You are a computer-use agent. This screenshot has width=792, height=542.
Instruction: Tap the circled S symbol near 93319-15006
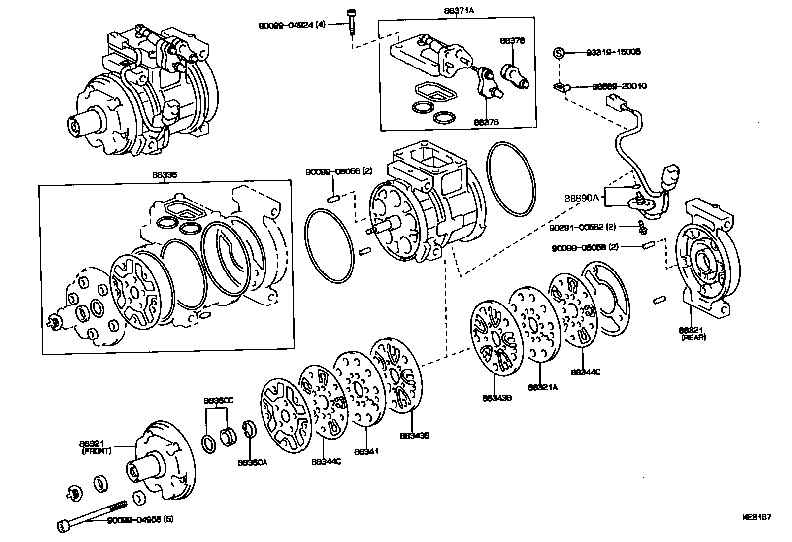558,52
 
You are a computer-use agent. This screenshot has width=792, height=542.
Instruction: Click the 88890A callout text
582,198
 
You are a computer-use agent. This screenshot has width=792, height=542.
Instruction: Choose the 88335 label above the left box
166,174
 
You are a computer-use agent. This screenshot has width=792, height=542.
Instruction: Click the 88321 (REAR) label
693,334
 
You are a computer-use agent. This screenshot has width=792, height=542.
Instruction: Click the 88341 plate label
366,451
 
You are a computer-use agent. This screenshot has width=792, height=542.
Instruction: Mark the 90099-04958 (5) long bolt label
140,519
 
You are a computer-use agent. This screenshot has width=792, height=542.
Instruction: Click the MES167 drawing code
757,517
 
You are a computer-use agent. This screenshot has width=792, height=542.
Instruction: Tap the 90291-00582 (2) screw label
582,227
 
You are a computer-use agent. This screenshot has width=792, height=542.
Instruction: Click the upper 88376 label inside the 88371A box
512,41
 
